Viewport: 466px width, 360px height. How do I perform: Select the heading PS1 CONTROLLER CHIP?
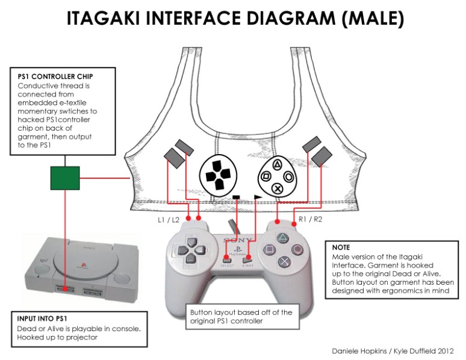tap(55, 77)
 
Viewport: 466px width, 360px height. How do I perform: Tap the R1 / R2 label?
tap(311, 221)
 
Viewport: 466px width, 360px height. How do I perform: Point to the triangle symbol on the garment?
tap(278, 164)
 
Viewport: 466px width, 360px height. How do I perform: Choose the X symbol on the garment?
tap(278, 188)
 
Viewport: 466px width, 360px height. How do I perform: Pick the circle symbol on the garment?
tap(289, 177)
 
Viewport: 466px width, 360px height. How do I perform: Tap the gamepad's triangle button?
tap(281, 237)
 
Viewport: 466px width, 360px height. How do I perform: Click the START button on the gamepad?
tap(246, 259)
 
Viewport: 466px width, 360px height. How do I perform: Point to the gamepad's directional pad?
tap(192, 250)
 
